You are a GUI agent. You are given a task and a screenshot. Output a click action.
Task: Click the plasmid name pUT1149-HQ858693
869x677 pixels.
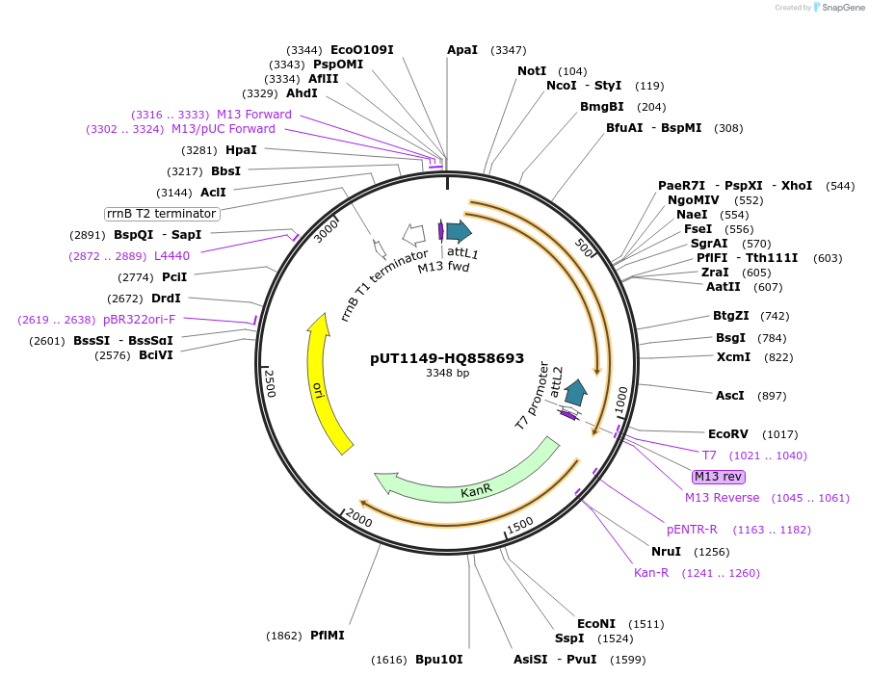tap(447, 358)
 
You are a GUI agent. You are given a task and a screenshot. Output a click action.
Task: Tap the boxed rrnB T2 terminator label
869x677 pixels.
tap(162, 213)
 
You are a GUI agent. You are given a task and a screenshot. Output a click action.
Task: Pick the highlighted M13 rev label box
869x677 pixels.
tap(719, 477)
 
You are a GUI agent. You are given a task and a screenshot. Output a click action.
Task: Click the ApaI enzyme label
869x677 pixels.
tap(462, 50)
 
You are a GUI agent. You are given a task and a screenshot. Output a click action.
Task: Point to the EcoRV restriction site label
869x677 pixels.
tap(727, 434)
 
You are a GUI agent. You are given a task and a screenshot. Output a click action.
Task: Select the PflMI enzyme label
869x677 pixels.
tap(327, 636)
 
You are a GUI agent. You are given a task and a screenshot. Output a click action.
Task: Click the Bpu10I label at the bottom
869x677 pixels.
tap(438, 660)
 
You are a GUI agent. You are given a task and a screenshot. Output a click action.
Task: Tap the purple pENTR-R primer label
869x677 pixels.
tap(692, 530)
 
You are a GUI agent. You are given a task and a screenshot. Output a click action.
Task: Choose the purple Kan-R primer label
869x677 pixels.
tap(651, 573)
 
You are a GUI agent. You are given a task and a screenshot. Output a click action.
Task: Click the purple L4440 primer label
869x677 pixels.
tap(171, 256)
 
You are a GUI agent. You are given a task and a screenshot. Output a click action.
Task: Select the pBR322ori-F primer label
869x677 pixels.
tap(139, 320)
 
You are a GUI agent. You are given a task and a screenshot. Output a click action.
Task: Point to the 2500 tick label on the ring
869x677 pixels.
tap(271, 383)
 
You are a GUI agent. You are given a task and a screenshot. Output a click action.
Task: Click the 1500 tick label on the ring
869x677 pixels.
tap(520, 525)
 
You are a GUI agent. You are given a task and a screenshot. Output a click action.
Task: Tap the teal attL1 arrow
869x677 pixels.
tap(458, 231)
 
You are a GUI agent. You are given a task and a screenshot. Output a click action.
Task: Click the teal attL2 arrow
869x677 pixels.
tap(575, 392)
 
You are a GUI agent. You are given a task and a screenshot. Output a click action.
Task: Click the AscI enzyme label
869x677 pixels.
tap(729, 396)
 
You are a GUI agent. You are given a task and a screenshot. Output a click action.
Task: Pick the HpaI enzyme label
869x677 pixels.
tap(241, 150)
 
